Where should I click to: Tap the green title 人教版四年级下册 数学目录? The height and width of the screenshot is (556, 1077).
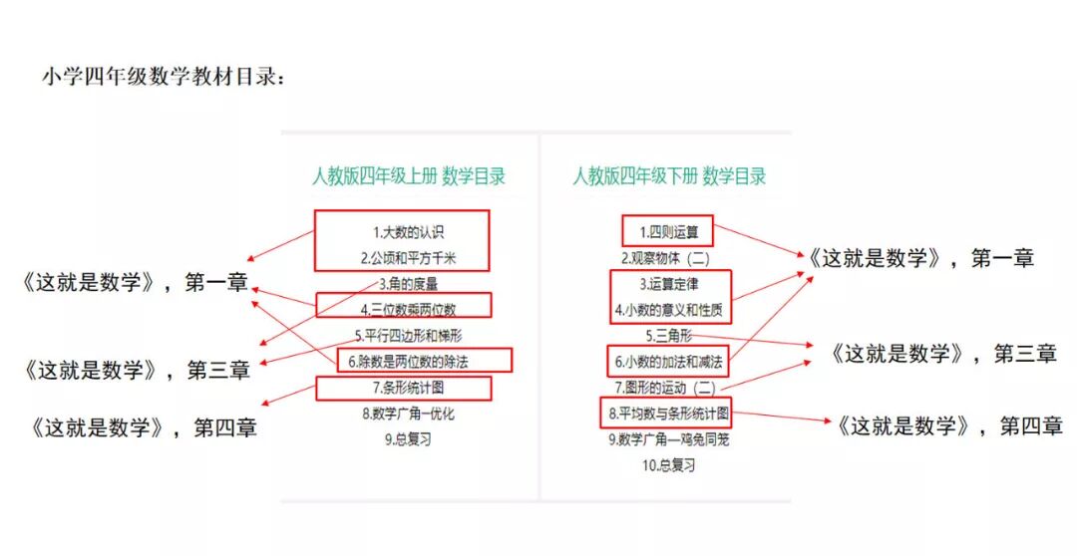(x=669, y=177)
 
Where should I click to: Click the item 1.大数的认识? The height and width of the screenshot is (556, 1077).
(x=402, y=232)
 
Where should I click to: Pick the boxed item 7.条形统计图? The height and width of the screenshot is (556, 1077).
(x=403, y=387)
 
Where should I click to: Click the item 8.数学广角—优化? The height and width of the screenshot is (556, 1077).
(x=409, y=413)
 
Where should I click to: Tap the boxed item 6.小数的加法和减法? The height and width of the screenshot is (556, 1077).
(x=665, y=360)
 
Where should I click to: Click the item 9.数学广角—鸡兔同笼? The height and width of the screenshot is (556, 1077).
(x=669, y=438)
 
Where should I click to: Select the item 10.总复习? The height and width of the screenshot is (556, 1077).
(x=669, y=464)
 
